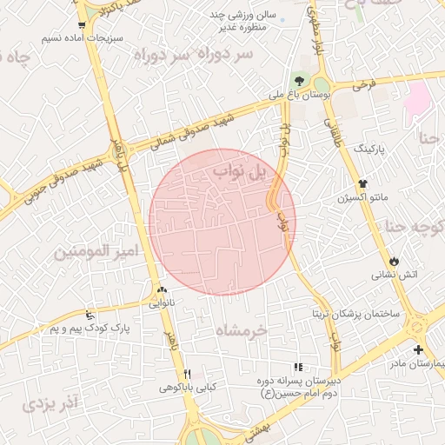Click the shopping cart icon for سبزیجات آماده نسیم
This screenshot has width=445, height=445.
point(82,25)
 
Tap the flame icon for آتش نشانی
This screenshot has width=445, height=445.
point(395,260)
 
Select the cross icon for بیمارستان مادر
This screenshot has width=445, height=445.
point(419,349)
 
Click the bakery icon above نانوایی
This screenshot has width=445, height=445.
point(162,289)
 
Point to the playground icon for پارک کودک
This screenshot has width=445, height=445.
point(90,313)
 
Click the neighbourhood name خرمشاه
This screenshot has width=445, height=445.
point(251,329)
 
